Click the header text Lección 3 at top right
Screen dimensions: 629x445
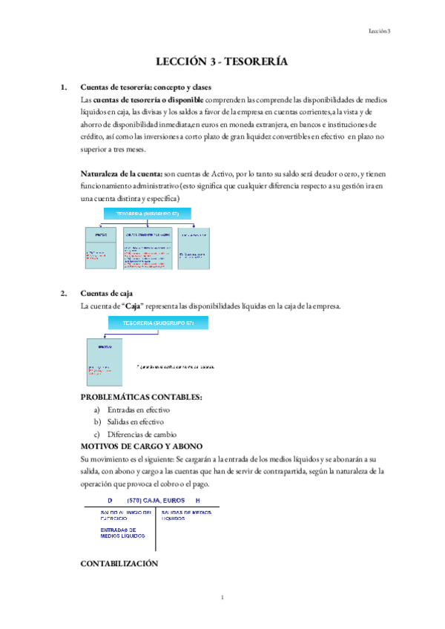click(380, 30)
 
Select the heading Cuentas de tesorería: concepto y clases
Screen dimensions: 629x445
click(139, 87)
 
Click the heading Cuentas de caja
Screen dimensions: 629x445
click(107, 293)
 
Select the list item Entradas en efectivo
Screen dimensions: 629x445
click(139, 409)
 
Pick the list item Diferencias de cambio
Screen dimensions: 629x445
click(141, 434)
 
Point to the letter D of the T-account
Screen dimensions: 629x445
click(110, 501)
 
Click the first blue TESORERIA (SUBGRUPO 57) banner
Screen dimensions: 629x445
click(148, 214)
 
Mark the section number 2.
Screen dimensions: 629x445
click(64, 293)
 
